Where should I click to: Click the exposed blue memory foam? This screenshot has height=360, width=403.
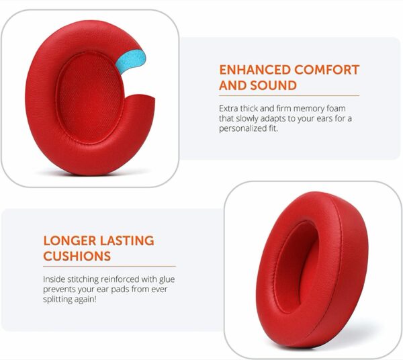pos(131,61)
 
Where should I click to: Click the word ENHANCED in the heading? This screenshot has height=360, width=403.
pos(255,70)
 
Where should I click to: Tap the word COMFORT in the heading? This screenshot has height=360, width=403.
pos(326,70)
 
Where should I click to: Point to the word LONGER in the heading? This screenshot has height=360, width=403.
pos(70,240)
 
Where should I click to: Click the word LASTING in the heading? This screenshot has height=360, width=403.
pos(127,240)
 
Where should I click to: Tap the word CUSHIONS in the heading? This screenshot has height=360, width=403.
pos(77,256)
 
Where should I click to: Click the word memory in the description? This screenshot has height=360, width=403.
pos(308,109)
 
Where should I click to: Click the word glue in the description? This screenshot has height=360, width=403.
pos(167,279)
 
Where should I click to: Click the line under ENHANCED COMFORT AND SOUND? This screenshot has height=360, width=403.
pos(289,96)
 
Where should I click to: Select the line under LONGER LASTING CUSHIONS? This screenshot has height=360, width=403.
pos(109,267)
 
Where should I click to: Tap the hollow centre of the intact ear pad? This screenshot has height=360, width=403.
pos(296,267)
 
